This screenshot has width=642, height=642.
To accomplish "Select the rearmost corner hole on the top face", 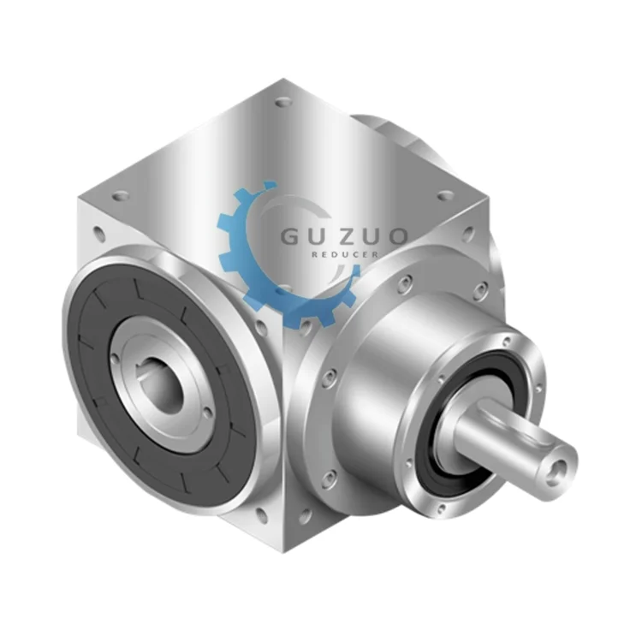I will tap(282, 103).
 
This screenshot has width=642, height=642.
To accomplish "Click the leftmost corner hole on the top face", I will tap(121, 195).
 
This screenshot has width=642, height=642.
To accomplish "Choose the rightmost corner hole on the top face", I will tap(445, 195).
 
